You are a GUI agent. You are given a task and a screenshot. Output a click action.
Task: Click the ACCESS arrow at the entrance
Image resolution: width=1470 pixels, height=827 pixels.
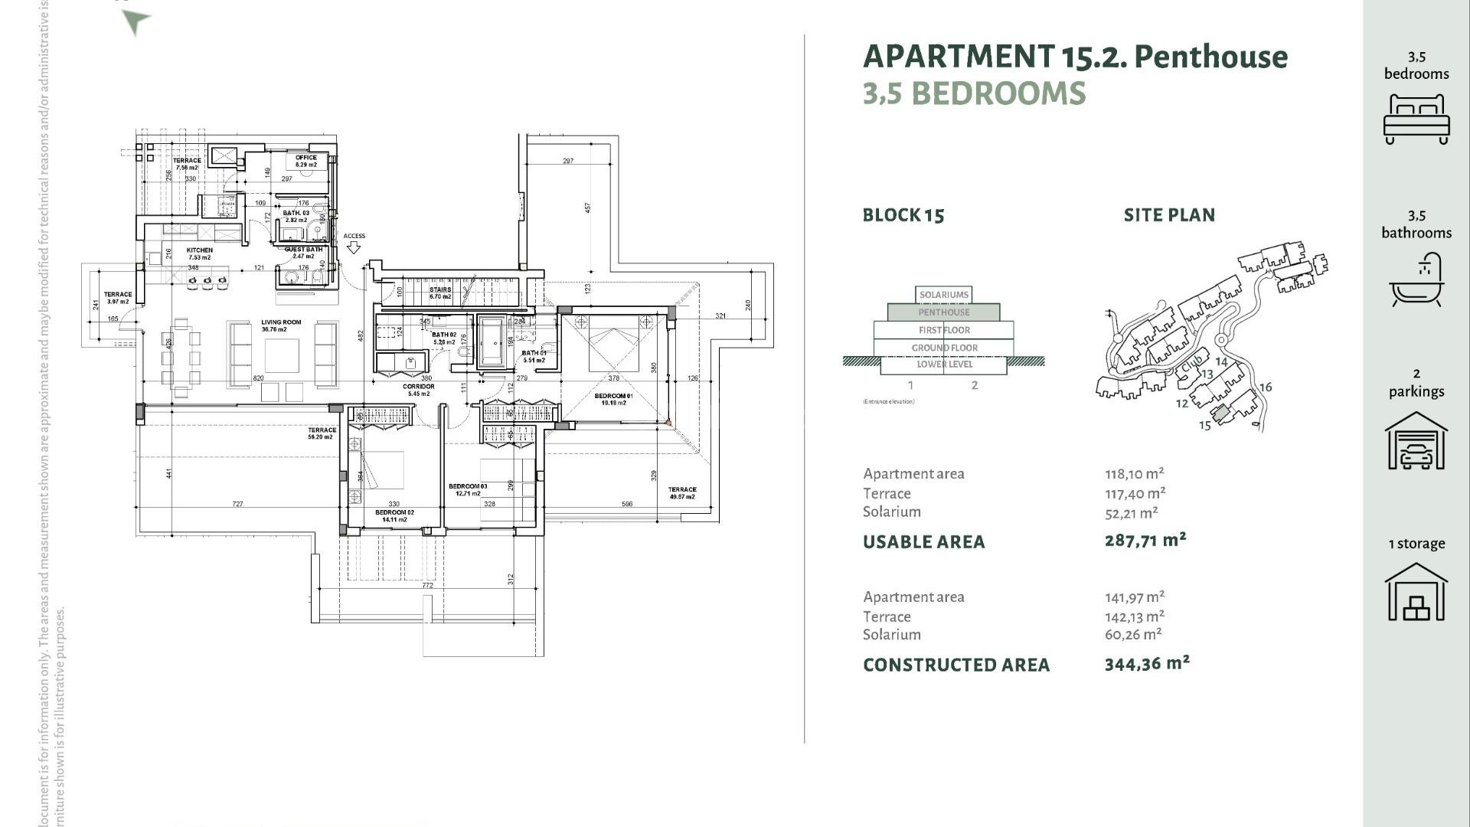coord(354,247)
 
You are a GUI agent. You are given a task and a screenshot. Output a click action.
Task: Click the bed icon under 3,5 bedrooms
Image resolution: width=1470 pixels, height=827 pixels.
coord(1416,119)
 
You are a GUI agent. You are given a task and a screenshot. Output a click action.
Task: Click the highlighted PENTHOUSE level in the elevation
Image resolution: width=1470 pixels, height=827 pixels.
coord(943,312)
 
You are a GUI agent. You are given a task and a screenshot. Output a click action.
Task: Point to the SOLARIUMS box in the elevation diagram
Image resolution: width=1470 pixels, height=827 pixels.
coord(943,295)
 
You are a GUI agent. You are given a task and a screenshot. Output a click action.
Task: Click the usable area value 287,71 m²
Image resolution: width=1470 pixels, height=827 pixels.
coord(1145,541)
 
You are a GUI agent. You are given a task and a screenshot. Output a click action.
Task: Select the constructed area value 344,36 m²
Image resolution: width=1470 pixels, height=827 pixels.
coord(1147,664)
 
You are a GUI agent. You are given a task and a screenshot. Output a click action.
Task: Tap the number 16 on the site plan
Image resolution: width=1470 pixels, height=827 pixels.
coord(1265,387)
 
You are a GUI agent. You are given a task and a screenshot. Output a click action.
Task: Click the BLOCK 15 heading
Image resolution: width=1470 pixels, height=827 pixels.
coord(903,215)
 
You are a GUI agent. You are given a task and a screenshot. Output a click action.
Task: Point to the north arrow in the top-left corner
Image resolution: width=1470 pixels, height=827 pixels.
coord(136,21)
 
